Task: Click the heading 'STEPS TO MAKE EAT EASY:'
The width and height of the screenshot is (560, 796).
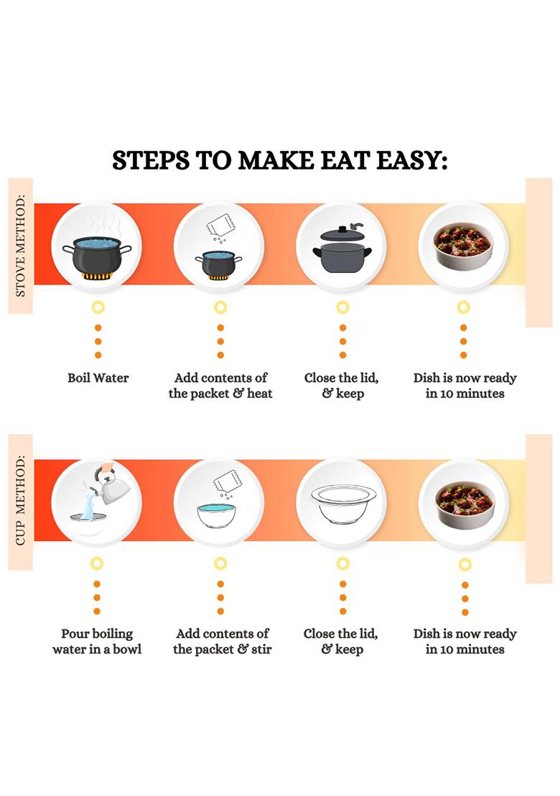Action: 279,160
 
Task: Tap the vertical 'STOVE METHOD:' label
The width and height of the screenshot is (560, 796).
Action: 20,245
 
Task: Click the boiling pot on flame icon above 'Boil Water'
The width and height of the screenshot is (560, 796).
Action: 97,254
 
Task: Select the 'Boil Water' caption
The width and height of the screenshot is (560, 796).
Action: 98,378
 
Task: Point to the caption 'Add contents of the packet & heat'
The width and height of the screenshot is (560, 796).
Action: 220,386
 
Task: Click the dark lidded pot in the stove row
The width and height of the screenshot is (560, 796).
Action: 341,251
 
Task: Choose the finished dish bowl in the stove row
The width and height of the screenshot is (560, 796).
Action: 464,246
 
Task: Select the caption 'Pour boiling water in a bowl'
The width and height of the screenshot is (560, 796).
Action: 97,642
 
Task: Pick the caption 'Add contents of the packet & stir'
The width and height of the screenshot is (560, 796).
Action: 222,642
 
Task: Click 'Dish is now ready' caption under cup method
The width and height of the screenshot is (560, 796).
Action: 465,642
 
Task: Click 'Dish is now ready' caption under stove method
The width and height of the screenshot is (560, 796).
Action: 465,386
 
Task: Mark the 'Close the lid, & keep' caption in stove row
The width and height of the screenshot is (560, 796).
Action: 341,386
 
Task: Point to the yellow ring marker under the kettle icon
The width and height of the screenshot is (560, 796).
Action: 97,564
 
